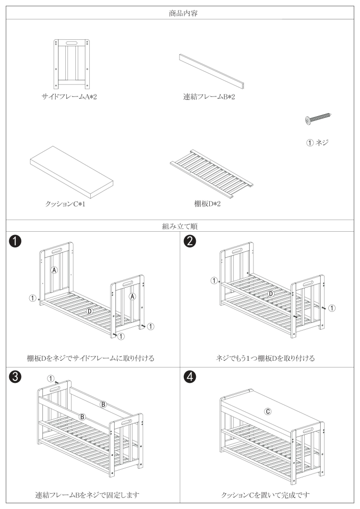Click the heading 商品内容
coord(180,13)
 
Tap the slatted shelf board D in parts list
coord(212,174)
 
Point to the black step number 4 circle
coord(191,377)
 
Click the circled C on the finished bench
coord(268,411)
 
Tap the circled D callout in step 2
coord(271,293)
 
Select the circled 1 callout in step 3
coord(50,379)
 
